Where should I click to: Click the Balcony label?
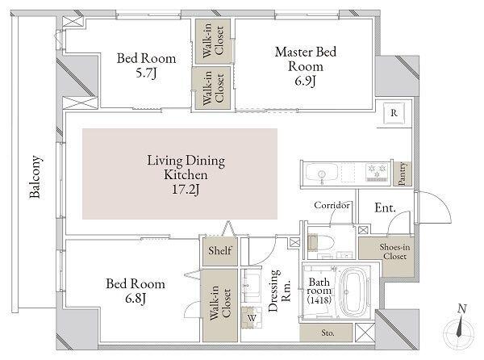[x=35, y=177]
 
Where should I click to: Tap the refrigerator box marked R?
[x=394, y=113]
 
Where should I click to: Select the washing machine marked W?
[x=252, y=317]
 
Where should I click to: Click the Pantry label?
[x=402, y=174]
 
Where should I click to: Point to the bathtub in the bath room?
[x=354, y=291]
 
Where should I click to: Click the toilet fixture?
[x=321, y=242]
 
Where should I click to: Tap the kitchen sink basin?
[x=322, y=173]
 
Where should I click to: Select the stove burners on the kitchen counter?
[x=377, y=172]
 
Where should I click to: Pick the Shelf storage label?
[x=219, y=250]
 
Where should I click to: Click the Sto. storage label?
[x=328, y=333]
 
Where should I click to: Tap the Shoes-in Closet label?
[x=394, y=251]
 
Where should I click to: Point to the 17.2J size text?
[x=186, y=189]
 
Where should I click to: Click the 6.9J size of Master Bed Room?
[x=305, y=82]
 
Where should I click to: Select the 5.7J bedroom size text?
[x=146, y=73]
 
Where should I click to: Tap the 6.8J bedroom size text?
[x=136, y=299]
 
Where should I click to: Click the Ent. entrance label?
[x=385, y=207]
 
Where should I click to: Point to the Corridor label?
[x=332, y=205]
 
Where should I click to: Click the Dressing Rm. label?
[x=279, y=291]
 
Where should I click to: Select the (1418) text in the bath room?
[x=319, y=299]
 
